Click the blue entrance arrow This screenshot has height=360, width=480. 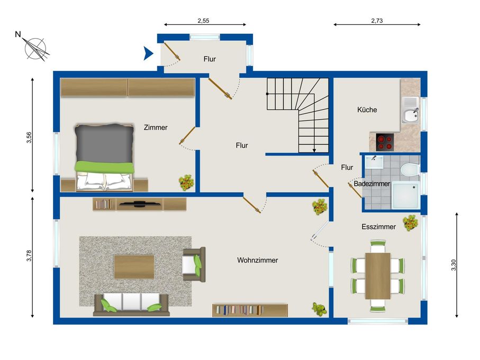click(x=148, y=53)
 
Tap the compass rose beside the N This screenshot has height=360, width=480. click(x=36, y=49)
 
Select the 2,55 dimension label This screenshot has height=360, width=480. click(x=203, y=21)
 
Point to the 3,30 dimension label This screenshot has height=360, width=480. click(x=454, y=265)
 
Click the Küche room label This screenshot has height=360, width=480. click(x=367, y=110)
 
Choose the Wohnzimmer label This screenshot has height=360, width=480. click(x=257, y=260)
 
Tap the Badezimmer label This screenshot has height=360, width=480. click(x=372, y=184)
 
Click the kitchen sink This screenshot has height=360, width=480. click(x=410, y=110)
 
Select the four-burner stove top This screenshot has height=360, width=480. click(x=385, y=142)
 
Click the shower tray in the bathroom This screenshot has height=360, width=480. click(x=406, y=194)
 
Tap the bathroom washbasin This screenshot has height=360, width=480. click(x=374, y=162)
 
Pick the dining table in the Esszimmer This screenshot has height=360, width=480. click(x=378, y=276)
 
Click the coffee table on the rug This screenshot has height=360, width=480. click(x=134, y=267)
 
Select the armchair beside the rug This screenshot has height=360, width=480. click(x=194, y=264)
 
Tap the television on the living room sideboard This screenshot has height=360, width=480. click(x=140, y=204)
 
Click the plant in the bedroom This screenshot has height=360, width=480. click(x=186, y=183)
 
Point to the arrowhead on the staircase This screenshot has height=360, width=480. click(x=314, y=150)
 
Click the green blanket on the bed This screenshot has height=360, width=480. click(x=104, y=167)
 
